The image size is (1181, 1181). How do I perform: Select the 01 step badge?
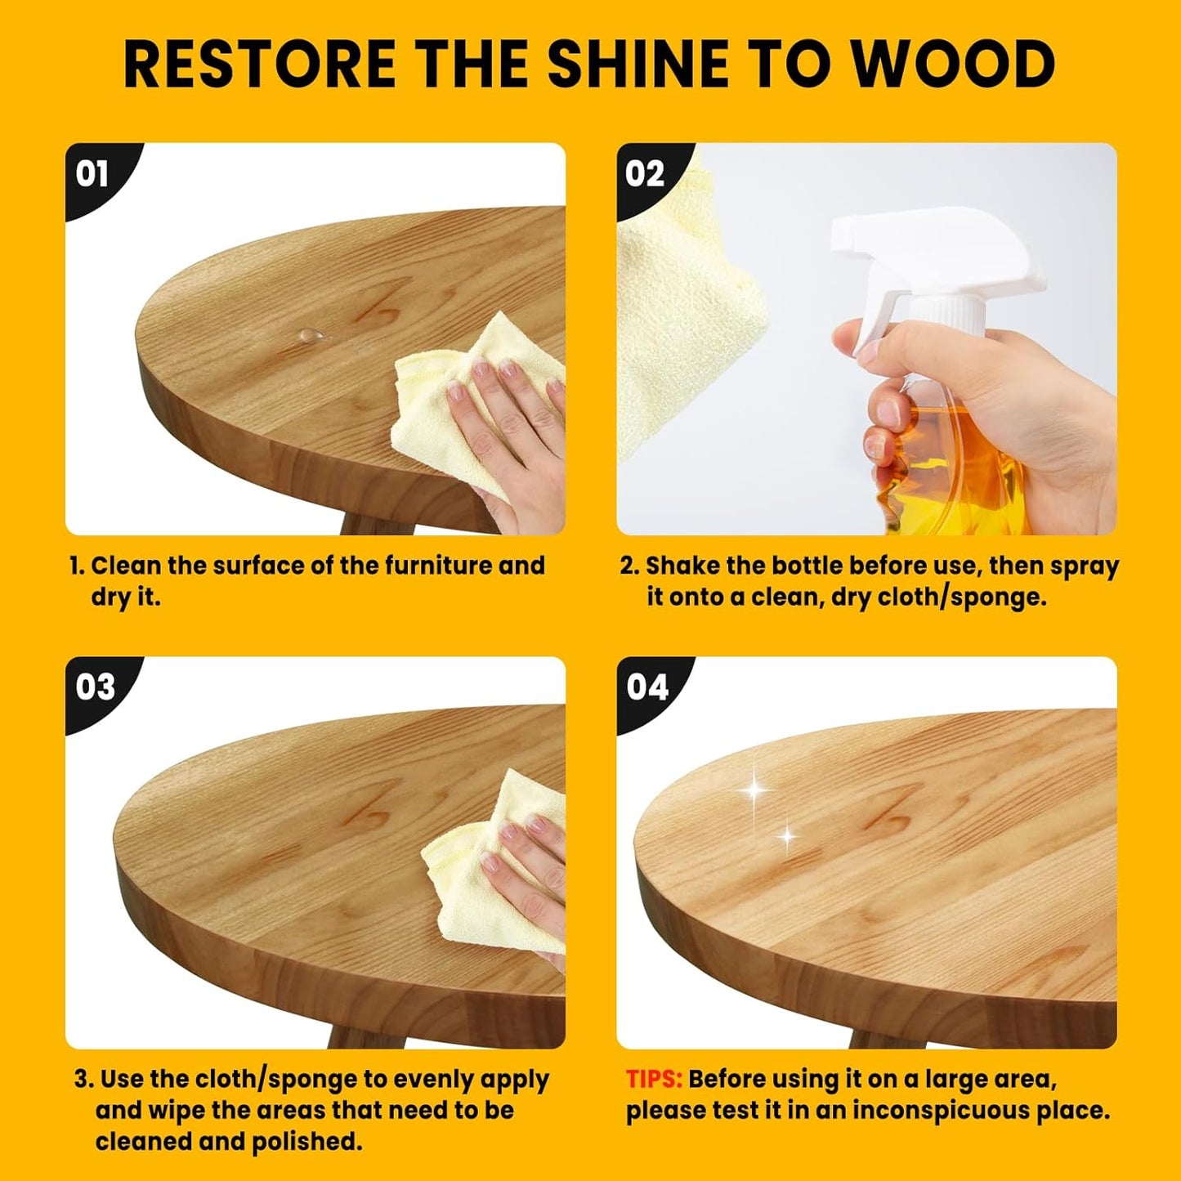[x=92, y=174]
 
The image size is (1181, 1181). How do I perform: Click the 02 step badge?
[x=645, y=174]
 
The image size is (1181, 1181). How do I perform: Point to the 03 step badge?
[x=95, y=687]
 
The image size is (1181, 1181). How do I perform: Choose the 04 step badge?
[x=647, y=687]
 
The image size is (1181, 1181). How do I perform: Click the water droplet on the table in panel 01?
[x=309, y=333]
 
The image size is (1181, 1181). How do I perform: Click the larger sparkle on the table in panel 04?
[x=756, y=790]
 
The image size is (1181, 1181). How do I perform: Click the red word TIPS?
[x=653, y=1080]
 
